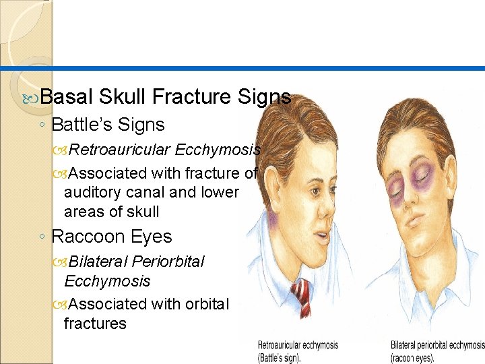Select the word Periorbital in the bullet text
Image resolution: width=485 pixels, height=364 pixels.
click(168, 262)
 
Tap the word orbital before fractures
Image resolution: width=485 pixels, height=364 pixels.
click(203, 304)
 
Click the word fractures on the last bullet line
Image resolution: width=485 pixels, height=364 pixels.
click(95, 324)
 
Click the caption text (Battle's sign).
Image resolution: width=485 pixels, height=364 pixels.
click(280, 357)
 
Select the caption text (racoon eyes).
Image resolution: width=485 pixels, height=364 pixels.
click(412, 357)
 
